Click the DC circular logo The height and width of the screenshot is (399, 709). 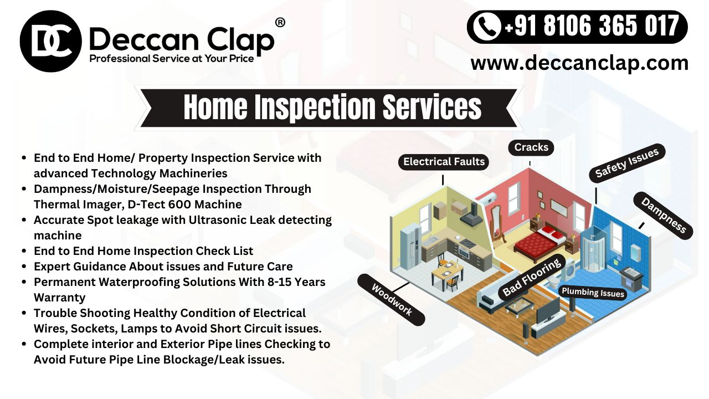pyautogui.click(x=50, y=41)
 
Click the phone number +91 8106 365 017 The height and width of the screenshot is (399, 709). pyautogui.click(x=592, y=27)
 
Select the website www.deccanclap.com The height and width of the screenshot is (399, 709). pyautogui.click(x=579, y=63)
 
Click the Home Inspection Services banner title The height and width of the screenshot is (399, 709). pyautogui.click(x=332, y=107)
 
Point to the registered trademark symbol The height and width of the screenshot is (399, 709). pyautogui.click(x=280, y=23)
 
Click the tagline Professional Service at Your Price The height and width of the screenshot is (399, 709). pyautogui.click(x=172, y=59)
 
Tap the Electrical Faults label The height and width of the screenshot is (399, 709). pyautogui.click(x=444, y=162)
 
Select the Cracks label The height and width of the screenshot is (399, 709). pyautogui.click(x=531, y=147)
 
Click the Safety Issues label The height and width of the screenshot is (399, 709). pyautogui.click(x=626, y=163)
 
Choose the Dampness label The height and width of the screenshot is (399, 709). pyautogui.click(x=663, y=216)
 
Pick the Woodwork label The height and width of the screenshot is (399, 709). pyautogui.click(x=391, y=300)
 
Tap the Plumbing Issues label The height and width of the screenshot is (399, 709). pyautogui.click(x=593, y=293)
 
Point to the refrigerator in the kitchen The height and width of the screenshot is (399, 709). pyautogui.click(x=410, y=246)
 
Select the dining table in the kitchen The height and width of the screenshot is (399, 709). pyautogui.click(x=447, y=272)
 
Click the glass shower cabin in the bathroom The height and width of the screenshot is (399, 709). pyautogui.click(x=593, y=252)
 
